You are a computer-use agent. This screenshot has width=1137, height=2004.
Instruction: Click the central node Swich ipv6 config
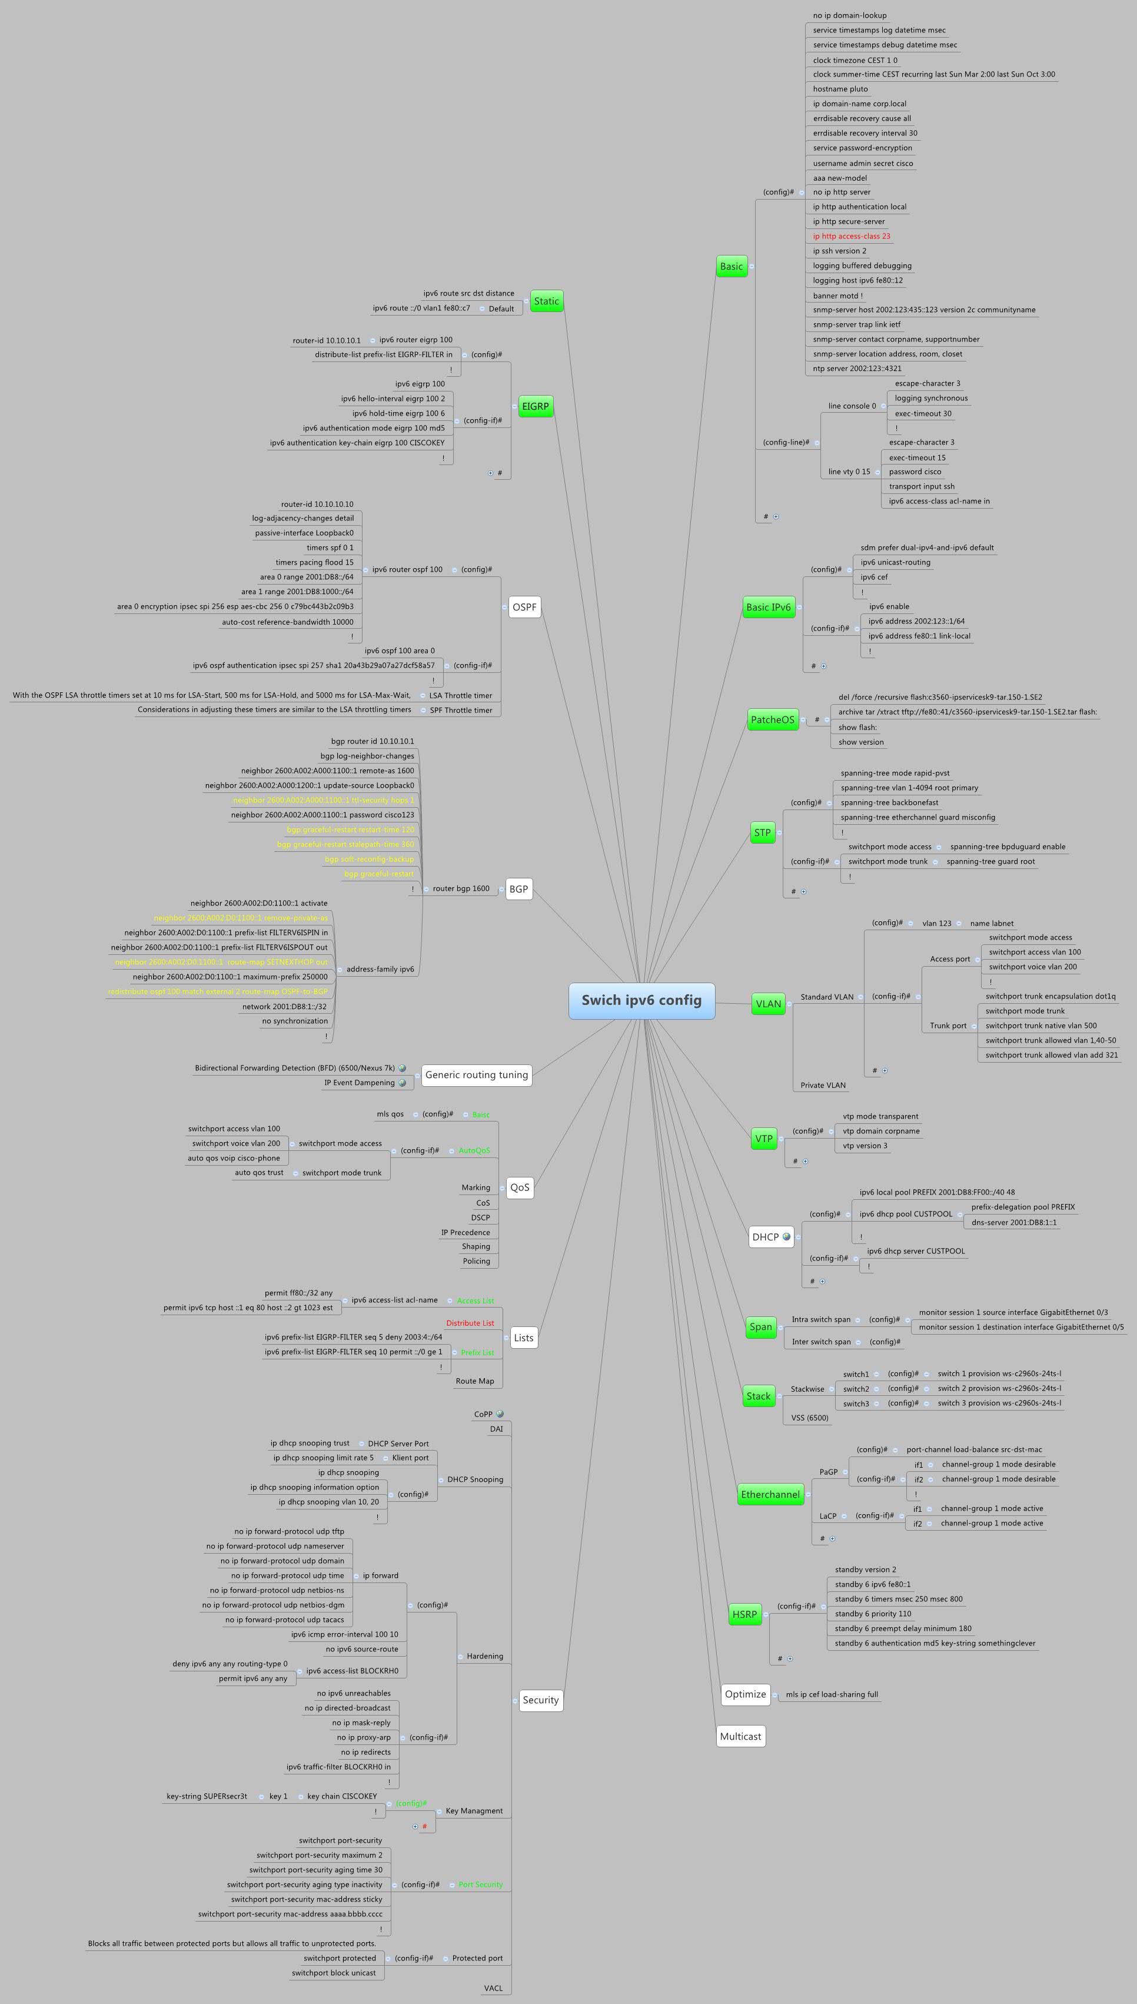pyautogui.click(x=641, y=1000)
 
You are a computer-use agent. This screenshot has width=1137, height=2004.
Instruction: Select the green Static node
pyautogui.click(x=547, y=301)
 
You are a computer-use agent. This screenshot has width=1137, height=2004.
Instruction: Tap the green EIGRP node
pyautogui.click(x=536, y=406)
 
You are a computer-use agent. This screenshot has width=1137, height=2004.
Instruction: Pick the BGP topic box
pyautogui.click(x=518, y=889)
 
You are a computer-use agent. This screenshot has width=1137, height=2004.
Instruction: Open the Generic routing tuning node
pyautogui.click(x=476, y=1074)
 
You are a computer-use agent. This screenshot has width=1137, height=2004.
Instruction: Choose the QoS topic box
pyautogui.click(x=519, y=1187)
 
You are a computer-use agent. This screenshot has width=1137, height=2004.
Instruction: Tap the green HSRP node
pyautogui.click(x=744, y=1614)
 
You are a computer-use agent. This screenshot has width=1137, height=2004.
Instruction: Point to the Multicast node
pyautogui.click(x=740, y=1736)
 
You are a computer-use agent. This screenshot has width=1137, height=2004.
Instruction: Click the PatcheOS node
pyautogui.click(x=772, y=720)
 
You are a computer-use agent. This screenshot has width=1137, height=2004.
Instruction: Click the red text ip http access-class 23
pyautogui.click(x=851, y=236)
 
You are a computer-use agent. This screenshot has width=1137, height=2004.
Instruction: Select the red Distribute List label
pyautogui.click(x=470, y=1323)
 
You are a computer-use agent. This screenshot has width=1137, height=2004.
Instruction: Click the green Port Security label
pyautogui.click(x=480, y=1884)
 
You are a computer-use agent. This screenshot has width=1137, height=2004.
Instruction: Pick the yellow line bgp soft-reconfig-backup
pyautogui.click(x=370, y=859)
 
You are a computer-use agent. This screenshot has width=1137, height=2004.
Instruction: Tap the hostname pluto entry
pyautogui.click(x=840, y=89)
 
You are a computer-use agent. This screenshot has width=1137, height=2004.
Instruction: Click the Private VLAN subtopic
pyautogui.click(x=823, y=1085)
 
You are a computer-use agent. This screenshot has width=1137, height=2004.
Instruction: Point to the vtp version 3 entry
pyautogui.click(x=865, y=1146)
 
